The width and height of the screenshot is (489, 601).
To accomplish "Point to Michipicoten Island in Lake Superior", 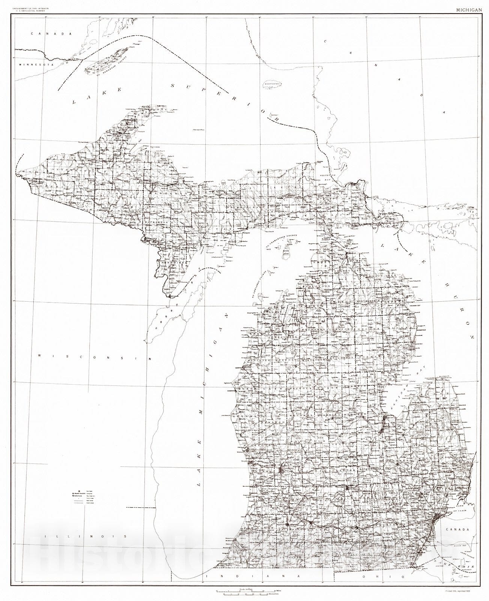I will (x=276, y=85).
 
